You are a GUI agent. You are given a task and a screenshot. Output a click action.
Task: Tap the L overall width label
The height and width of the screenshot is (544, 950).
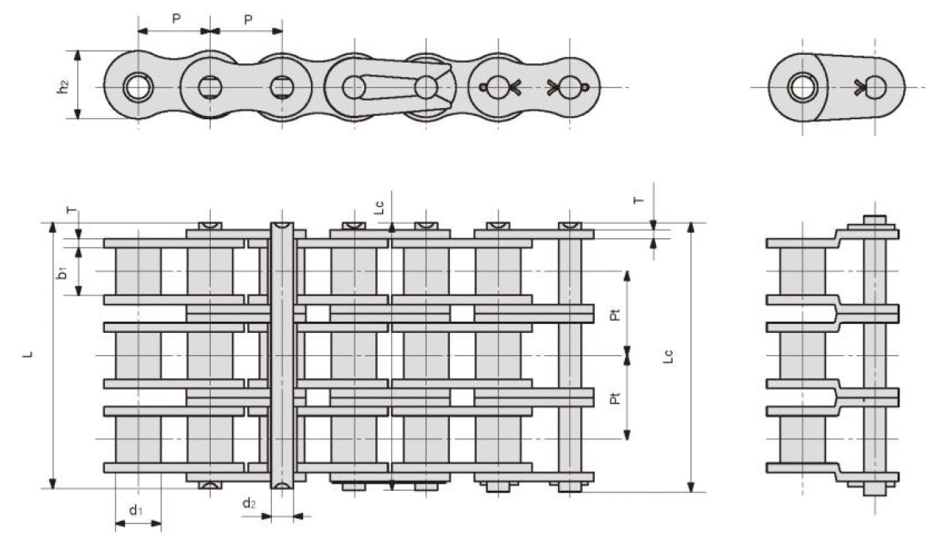(x=28, y=355)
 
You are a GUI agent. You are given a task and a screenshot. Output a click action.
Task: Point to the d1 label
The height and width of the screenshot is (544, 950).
(x=136, y=509)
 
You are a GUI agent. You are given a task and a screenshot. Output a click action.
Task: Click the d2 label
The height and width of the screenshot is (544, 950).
(x=249, y=503)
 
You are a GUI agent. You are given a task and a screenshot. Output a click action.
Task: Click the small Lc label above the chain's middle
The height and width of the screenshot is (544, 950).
(x=380, y=207)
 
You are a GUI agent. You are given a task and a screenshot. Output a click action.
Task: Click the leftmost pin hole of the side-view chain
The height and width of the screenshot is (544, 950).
(x=138, y=86)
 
